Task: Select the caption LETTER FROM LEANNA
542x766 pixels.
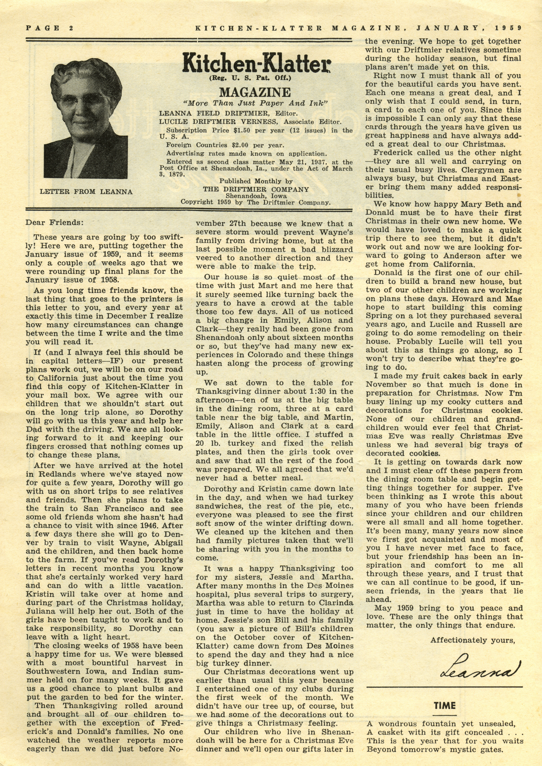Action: click(x=86, y=192)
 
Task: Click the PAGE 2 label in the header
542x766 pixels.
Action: click(x=49, y=28)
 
